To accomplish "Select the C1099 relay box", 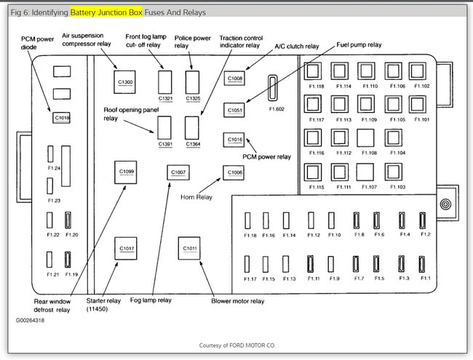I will (x=126, y=172).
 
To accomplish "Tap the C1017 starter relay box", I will (x=126, y=248).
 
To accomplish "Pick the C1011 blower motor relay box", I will (x=190, y=248).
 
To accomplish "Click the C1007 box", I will (x=178, y=172).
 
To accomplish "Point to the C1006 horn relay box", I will (x=234, y=172).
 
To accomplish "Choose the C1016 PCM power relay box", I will (x=234, y=139).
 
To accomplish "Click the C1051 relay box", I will (x=234, y=110).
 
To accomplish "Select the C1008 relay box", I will (x=235, y=78).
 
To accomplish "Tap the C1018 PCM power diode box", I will (x=62, y=116).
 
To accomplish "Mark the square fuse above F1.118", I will (x=314, y=71).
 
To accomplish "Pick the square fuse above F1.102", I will (x=418, y=71).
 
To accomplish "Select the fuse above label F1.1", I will (x=426, y=263).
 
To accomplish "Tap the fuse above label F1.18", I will (x=249, y=220).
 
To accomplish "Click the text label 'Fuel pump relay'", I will (x=359, y=44).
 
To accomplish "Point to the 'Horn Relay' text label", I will (x=196, y=196).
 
